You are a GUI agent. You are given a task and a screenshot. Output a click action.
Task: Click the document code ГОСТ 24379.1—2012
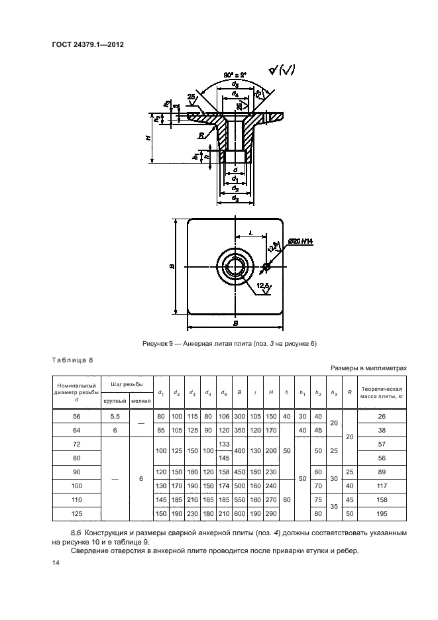point(89,44)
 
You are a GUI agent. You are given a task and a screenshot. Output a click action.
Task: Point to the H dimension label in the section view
point(148,137)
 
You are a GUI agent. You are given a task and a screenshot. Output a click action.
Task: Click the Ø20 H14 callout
point(300,243)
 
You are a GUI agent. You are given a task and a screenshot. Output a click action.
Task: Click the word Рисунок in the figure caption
point(154,342)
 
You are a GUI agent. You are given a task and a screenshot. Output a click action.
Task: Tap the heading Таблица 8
point(72,360)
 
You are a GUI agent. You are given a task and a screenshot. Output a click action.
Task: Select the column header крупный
point(115,401)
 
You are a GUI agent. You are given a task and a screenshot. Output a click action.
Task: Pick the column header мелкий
point(140,401)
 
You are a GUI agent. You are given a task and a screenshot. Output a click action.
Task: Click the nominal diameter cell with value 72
point(76,443)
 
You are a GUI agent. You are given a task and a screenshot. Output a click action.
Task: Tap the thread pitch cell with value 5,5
point(115,415)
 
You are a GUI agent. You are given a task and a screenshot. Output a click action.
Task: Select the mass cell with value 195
point(381,513)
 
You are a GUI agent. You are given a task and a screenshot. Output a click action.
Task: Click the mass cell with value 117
point(381,486)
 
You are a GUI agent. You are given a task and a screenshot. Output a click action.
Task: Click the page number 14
point(55,562)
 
